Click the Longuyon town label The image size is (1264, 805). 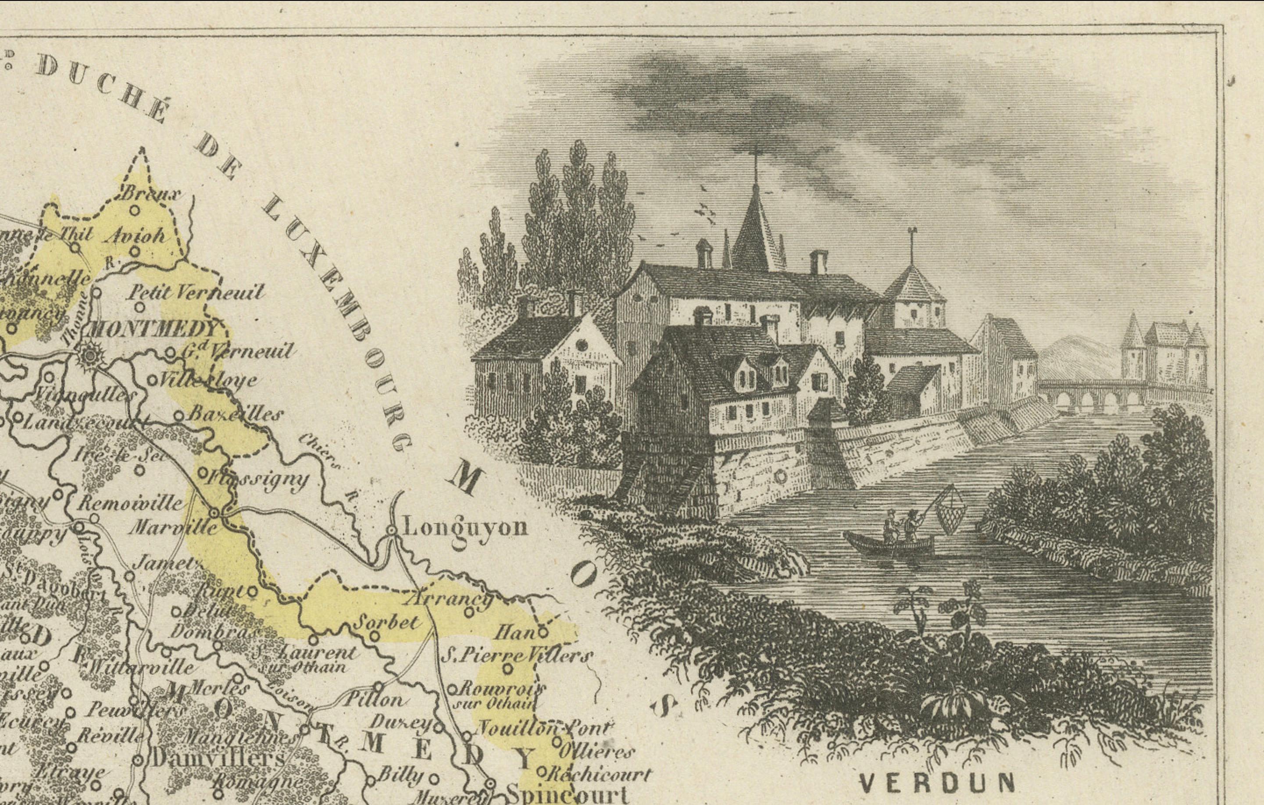pyautogui.click(x=464, y=527)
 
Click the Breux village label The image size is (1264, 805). pyautogui.click(x=151, y=194)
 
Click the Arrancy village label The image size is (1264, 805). pyautogui.click(x=450, y=598)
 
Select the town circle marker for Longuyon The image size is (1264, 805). pyautogui.click(x=391, y=531)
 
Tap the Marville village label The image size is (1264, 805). pyautogui.click(x=173, y=527)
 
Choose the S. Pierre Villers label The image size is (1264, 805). pyautogui.click(x=517, y=656)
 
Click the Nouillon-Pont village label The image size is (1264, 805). pyautogui.click(x=544, y=729)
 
